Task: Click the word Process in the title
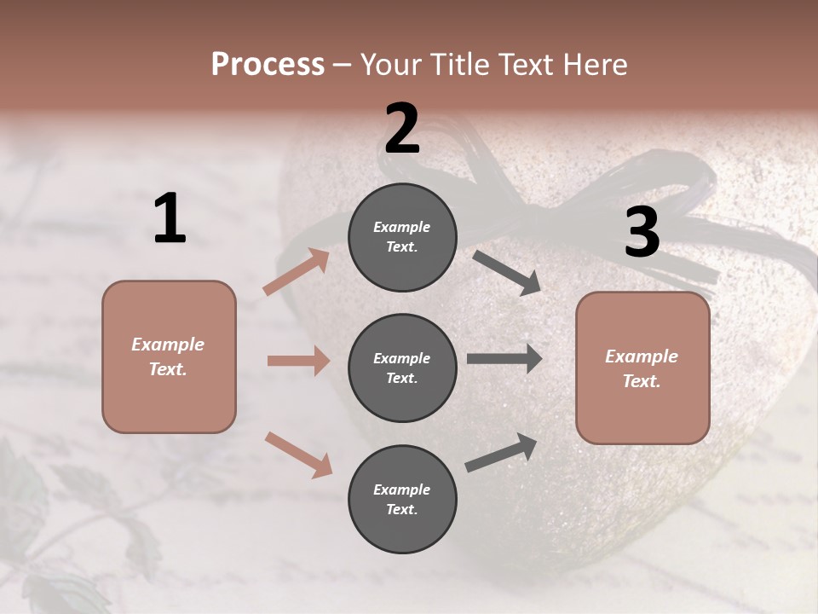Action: pos(268,64)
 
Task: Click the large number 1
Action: pos(170,219)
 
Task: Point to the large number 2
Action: pos(402,129)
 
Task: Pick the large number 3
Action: pos(642,232)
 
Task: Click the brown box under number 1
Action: pos(169,356)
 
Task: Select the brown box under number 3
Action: pos(642,368)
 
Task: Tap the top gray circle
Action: pos(402,237)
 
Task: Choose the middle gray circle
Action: pos(402,368)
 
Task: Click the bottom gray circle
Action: pos(402,500)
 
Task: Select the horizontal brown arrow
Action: pos(298,361)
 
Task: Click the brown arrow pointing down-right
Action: pos(298,455)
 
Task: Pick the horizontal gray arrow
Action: pos(504,359)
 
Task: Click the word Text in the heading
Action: pos(523,64)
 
